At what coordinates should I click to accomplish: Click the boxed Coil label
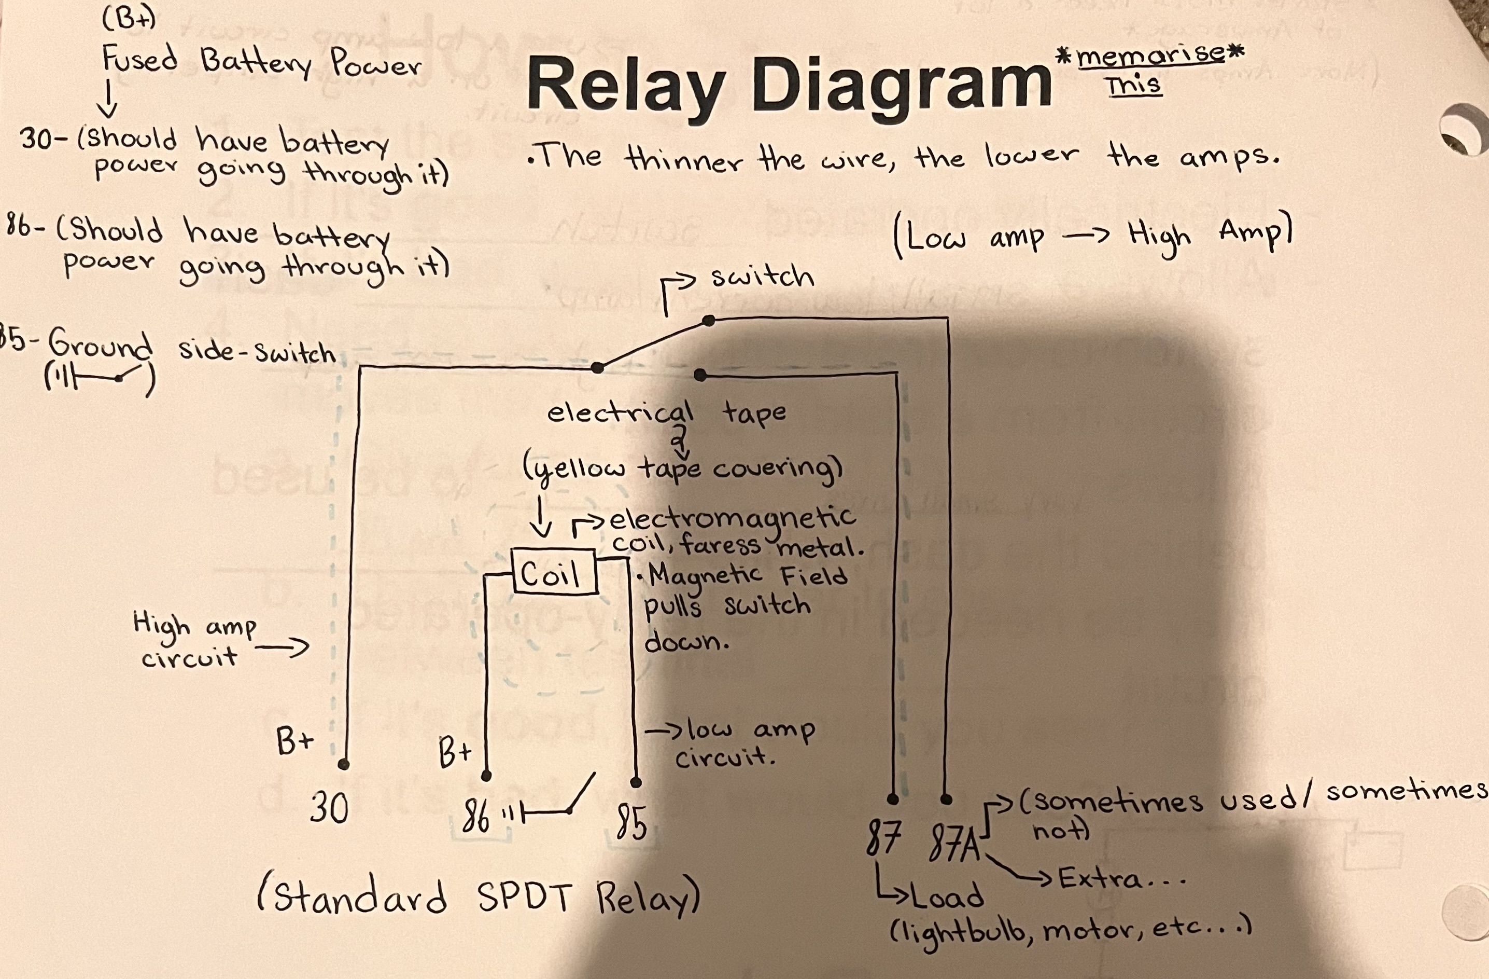pyautogui.click(x=554, y=572)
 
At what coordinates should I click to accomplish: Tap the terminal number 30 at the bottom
pyautogui.click(x=329, y=807)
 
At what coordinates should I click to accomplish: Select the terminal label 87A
pyautogui.click(x=954, y=842)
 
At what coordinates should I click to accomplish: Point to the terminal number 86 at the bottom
pyautogui.click(x=475, y=817)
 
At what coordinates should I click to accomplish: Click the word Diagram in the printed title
pyautogui.click(x=901, y=85)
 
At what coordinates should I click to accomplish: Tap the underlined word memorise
pyautogui.click(x=1150, y=57)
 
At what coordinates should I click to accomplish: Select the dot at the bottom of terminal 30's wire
pyautogui.click(x=343, y=764)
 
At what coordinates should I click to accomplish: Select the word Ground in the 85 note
pyautogui.click(x=100, y=344)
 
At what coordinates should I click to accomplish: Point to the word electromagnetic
pyautogui.click(x=732, y=518)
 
